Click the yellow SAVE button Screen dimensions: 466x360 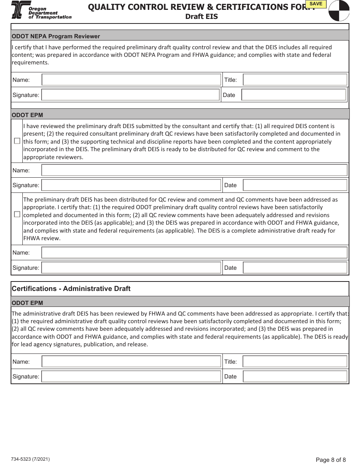[316, 4]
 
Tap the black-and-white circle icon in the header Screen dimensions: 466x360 [338, 10]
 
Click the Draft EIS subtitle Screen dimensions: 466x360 [201, 17]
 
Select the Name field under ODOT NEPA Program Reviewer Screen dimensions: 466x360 [131, 80]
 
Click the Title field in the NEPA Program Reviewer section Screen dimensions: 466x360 [295, 80]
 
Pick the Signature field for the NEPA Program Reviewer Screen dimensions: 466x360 [130, 95]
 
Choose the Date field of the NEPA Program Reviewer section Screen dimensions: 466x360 [294, 95]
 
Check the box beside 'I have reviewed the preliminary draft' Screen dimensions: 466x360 [17, 141]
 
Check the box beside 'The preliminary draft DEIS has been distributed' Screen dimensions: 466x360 [17, 214]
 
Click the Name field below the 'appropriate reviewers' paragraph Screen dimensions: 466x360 [194, 170]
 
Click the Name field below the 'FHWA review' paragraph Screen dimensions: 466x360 [194, 253]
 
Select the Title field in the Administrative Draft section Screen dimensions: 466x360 [295, 361]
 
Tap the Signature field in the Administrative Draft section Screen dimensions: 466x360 [131, 377]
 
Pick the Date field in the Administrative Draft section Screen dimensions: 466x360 [295, 377]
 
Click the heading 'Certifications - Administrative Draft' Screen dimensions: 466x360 [71, 289]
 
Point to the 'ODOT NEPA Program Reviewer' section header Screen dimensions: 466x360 [56, 36]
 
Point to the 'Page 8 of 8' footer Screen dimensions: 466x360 [330, 460]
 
